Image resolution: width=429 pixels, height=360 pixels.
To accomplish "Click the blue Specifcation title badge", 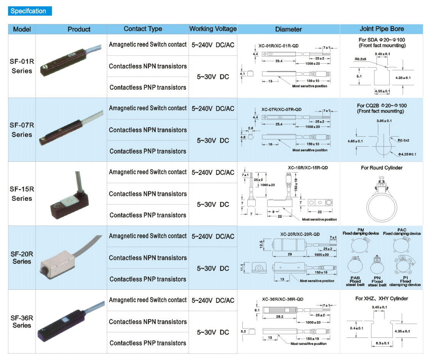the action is (x=30, y=11).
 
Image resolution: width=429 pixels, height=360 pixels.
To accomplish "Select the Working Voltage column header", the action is (x=213, y=29).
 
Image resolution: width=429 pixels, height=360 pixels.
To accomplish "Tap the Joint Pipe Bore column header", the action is (x=382, y=29).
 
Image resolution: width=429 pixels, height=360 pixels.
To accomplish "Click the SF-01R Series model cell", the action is (x=22, y=66).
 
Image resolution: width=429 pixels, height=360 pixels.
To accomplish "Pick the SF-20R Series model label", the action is (x=22, y=258).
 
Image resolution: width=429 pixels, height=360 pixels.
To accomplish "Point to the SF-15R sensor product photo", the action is (x=70, y=195).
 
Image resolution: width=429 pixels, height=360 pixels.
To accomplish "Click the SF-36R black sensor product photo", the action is (x=71, y=321).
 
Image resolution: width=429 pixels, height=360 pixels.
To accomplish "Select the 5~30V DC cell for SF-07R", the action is (x=213, y=140).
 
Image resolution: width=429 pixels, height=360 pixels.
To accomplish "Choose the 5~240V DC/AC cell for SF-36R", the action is (x=213, y=300).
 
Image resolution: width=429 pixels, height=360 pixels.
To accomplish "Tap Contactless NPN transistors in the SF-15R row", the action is (x=148, y=194).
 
